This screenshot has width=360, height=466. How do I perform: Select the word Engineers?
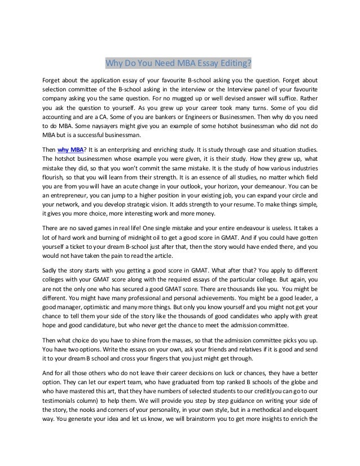click(x=215, y=116)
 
